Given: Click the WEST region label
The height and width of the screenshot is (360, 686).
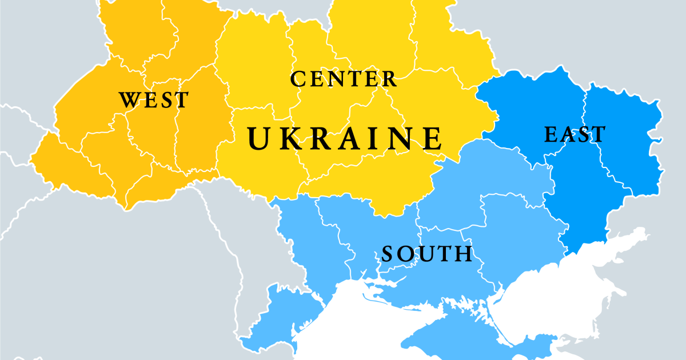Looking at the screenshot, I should coord(153,101).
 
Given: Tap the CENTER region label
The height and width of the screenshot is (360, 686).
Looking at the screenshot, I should coord(343,79).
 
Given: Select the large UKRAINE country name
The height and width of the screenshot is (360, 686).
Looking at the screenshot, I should coord(345,138).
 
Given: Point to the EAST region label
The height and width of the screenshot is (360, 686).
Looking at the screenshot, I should coord(575,135).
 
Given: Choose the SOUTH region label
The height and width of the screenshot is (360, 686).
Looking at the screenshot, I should coord(427,253).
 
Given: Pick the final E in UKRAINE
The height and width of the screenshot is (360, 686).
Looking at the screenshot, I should coord(433,138).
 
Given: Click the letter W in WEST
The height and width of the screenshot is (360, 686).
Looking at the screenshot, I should coord(130,101).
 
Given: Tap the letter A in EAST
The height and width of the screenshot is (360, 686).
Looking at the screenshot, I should coord(568,135).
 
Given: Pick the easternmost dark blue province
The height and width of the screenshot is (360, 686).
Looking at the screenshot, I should coord(623,143).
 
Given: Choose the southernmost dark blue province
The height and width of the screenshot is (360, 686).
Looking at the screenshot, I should coord(577,211).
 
